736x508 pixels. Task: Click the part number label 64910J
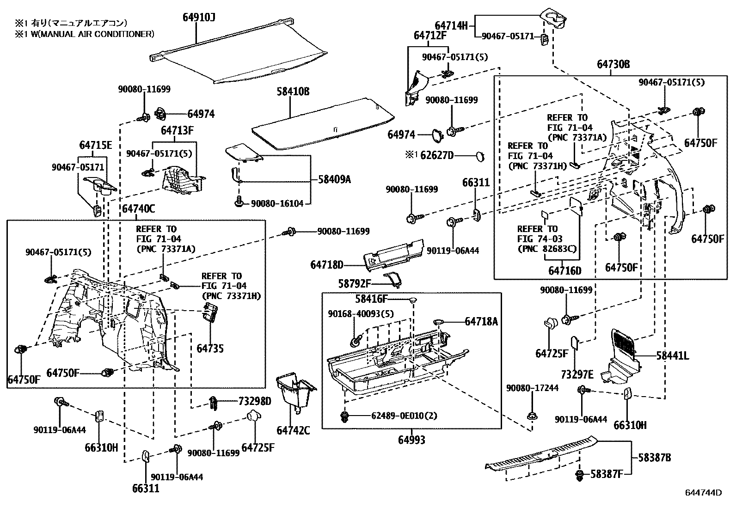pyautogui.click(x=199, y=18)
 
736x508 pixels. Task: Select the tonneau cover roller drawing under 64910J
pyautogui.click(x=240, y=60)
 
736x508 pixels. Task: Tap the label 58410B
pyautogui.click(x=293, y=92)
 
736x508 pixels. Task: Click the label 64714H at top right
pyautogui.click(x=451, y=25)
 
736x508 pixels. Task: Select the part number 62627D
pyautogui.click(x=437, y=155)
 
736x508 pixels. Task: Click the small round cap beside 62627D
pyautogui.click(x=480, y=156)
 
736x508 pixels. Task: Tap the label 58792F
pyautogui.click(x=355, y=283)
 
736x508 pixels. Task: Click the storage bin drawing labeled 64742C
pyautogui.click(x=294, y=393)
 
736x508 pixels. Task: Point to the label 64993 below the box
pyautogui.click(x=411, y=440)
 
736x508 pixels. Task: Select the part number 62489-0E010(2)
pyautogui.click(x=404, y=416)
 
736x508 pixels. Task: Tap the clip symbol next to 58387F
pyautogui.click(x=579, y=475)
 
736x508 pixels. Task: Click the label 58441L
pyautogui.click(x=673, y=355)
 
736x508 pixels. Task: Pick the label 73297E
pyautogui.click(x=577, y=373)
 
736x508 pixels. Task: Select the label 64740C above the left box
pyautogui.click(x=138, y=209)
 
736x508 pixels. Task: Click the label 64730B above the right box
pyautogui.click(x=613, y=65)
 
